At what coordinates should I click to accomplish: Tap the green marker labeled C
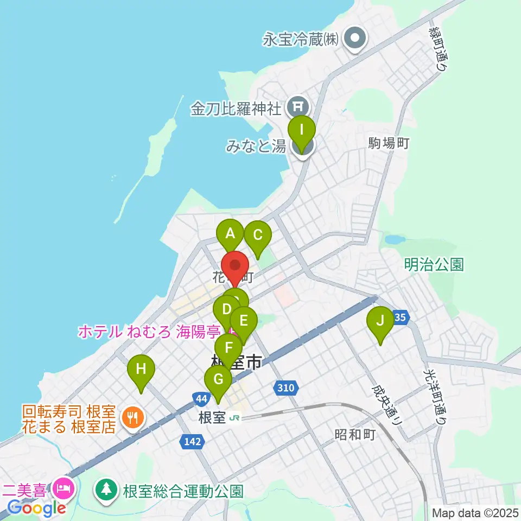257,236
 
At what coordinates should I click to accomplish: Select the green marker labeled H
141,370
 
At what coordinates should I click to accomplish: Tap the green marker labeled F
228,348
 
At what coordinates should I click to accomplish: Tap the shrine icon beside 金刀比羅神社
297,104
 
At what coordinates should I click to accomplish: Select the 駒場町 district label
388,144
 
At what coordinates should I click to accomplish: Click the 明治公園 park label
434,265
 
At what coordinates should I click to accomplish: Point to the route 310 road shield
286,388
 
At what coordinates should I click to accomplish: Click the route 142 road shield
193,442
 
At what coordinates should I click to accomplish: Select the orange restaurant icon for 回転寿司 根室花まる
132,417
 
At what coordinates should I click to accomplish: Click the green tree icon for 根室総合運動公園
107,490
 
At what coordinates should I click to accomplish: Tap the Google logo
36,508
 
